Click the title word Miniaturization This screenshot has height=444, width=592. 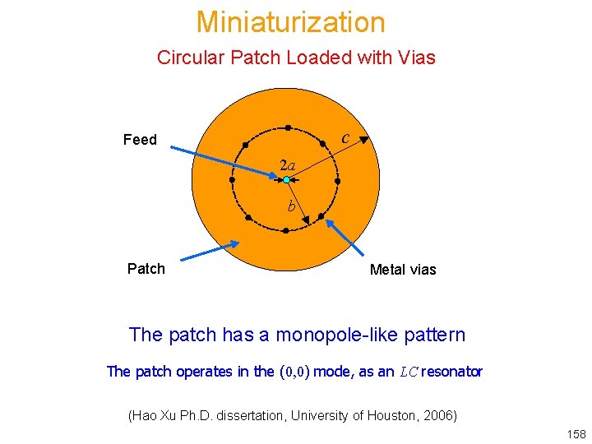[x=290, y=22]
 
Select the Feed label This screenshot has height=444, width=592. [x=140, y=140]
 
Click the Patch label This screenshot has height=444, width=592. [x=146, y=268]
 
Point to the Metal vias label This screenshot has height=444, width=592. [x=403, y=269]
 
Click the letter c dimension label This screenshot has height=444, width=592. [x=347, y=137]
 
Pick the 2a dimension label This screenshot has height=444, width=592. [x=287, y=164]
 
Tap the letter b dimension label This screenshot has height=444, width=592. [x=291, y=206]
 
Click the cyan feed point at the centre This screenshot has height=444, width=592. [x=285, y=179]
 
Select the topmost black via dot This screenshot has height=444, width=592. [x=288, y=127]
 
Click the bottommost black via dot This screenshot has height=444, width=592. [x=285, y=231]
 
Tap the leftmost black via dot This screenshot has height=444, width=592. [x=233, y=178]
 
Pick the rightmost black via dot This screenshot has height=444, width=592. [x=337, y=179]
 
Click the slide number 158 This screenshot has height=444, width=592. [x=576, y=433]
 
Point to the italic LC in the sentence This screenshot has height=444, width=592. [x=409, y=372]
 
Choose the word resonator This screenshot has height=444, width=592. [x=453, y=372]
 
